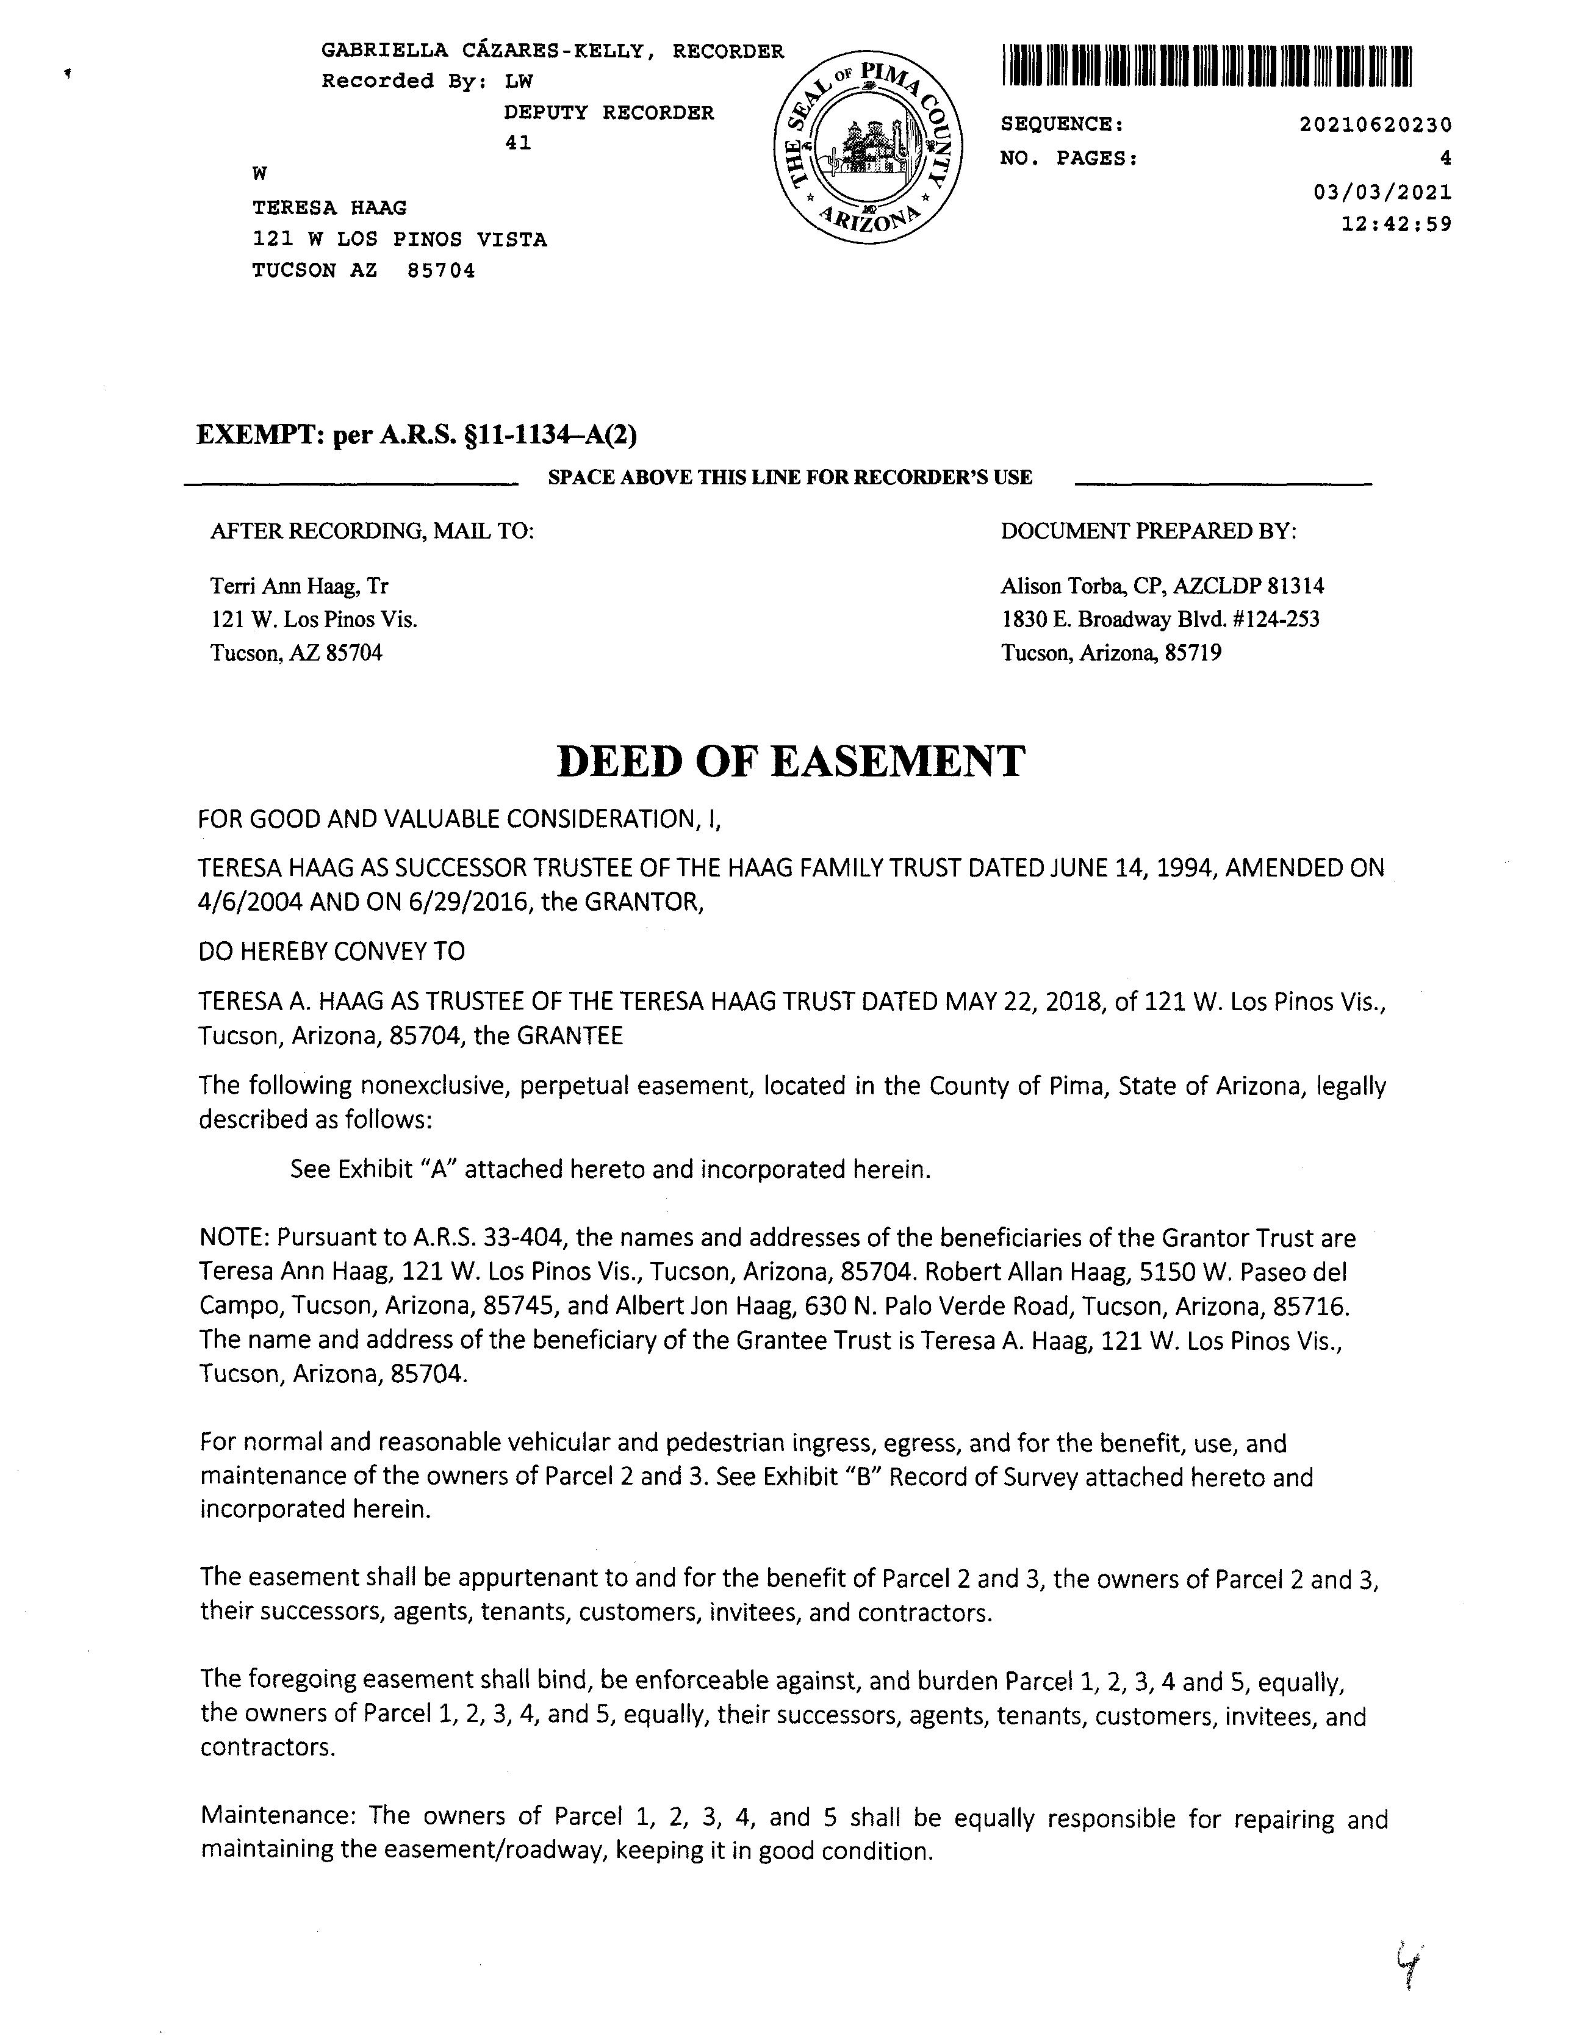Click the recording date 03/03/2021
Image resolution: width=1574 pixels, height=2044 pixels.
(x=1382, y=193)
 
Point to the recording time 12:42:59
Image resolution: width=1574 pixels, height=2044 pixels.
(x=1395, y=224)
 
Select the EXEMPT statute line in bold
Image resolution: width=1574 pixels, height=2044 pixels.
(x=417, y=435)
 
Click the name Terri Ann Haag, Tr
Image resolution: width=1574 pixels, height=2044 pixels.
(x=298, y=587)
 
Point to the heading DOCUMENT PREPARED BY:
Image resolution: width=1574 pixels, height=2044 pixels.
(x=1148, y=532)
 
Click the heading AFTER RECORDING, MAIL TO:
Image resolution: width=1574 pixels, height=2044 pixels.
(x=372, y=532)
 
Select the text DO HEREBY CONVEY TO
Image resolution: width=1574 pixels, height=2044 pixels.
(x=331, y=952)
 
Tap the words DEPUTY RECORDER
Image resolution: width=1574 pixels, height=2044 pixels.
(x=608, y=113)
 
